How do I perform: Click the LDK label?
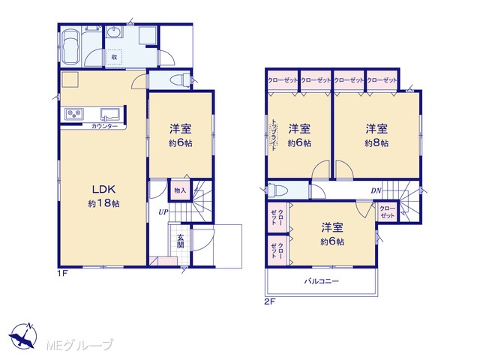pos(103,190)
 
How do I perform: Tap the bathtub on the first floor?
pos(71,46)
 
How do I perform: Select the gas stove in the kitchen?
pos(73,114)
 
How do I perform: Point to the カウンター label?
pos(104,126)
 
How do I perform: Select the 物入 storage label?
pos(180,190)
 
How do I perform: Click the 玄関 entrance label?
pos(180,241)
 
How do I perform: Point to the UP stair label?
pos(163,211)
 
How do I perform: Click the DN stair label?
pos(376,190)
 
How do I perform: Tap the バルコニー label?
pos(322,281)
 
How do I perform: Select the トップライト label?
pos(274,134)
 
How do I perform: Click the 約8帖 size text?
pos(376,143)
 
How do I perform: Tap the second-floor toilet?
pos(277,190)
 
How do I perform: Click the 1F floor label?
pos(61,273)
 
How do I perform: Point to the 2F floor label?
pos(270,301)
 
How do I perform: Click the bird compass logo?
pos(23,335)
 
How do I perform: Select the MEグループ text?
pos(79,345)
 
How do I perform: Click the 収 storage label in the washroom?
pos(114,57)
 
